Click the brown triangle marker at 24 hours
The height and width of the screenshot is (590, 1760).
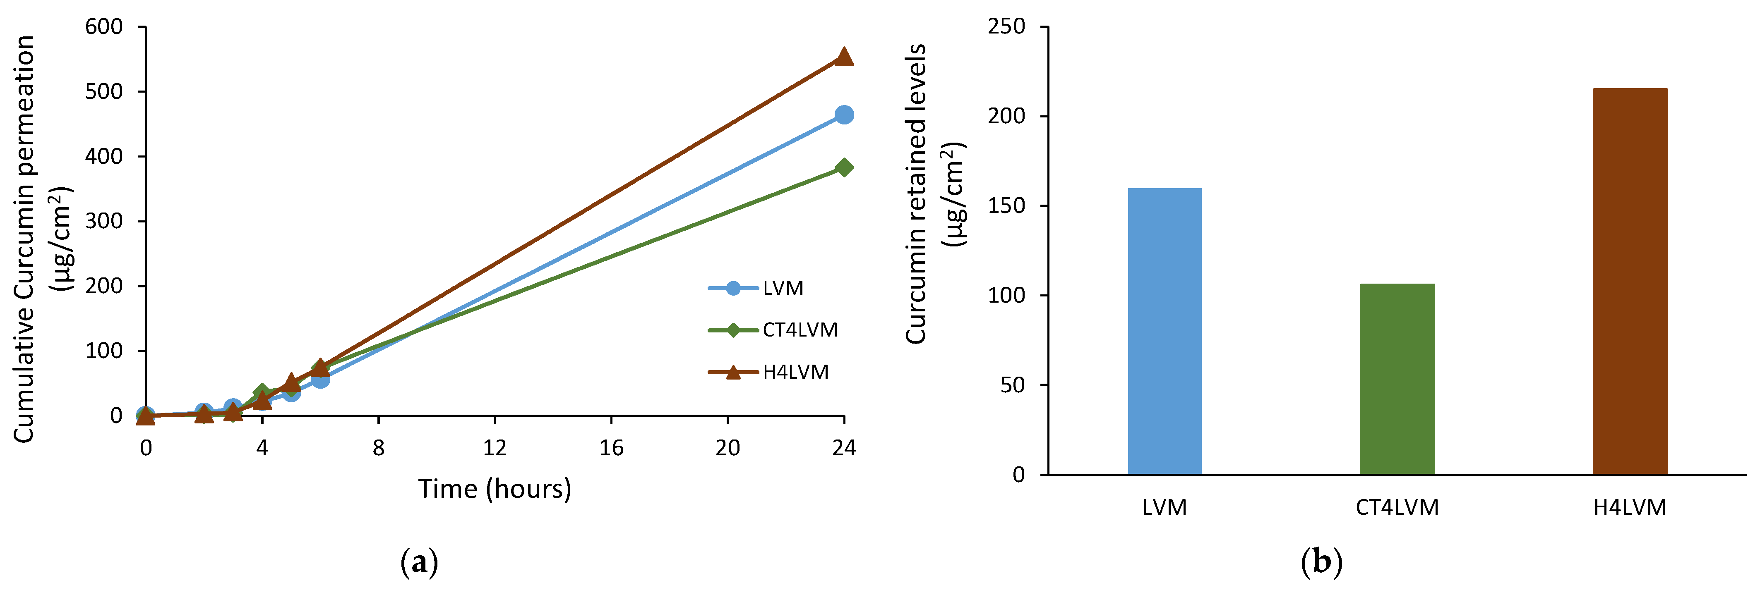(x=844, y=57)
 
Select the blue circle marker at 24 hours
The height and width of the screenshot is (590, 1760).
(x=844, y=115)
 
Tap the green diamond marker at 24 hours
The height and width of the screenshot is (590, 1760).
(x=844, y=167)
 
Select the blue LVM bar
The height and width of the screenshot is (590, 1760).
(x=1164, y=331)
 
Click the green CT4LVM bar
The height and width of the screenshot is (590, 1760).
(x=1397, y=379)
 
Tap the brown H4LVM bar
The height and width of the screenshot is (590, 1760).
(x=1630, y=281)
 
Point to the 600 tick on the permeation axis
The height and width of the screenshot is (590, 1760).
(x=104, y=27)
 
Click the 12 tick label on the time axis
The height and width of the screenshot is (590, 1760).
(x=495, y=448)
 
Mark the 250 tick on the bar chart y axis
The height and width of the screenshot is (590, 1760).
(x=1006, y=26)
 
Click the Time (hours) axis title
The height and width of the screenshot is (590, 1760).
(x=495, y=489)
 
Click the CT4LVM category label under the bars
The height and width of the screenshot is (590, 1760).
(x=1397, y=507)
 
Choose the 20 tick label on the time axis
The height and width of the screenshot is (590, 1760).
(x=728, y=448)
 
